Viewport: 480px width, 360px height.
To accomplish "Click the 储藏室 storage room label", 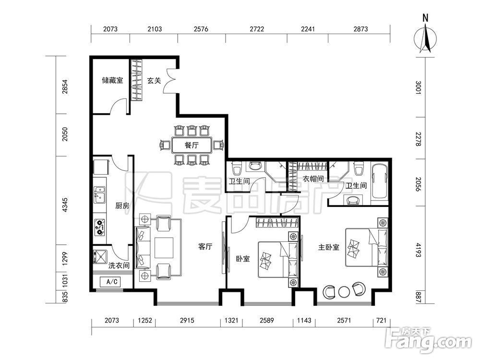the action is pos(112,81).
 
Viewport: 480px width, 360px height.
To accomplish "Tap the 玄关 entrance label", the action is pos(154,81).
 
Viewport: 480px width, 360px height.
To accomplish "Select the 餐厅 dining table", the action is pos(192,145).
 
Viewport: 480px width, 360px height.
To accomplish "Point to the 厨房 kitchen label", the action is pos(122,206).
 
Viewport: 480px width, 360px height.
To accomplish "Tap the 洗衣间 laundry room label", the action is pos(119,265).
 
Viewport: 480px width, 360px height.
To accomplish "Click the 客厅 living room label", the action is pos(205,246).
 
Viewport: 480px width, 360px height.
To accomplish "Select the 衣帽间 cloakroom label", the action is pos(313,179).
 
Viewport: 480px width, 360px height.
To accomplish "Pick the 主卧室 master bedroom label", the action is pos(329,247).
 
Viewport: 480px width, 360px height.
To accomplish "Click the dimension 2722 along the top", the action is pos(256,29).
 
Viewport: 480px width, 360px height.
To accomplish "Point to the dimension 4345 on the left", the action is pos(65,205).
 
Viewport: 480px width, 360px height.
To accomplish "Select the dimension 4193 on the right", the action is pos(419,250).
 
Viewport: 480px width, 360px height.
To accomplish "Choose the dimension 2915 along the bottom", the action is pos(187,320).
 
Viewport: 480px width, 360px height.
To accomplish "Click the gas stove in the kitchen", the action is pos(99,227).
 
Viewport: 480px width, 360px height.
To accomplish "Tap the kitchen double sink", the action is pos(99,195).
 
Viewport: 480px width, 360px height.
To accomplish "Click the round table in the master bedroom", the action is pos(344,291).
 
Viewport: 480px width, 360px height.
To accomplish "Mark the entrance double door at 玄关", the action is pos(169,80).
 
